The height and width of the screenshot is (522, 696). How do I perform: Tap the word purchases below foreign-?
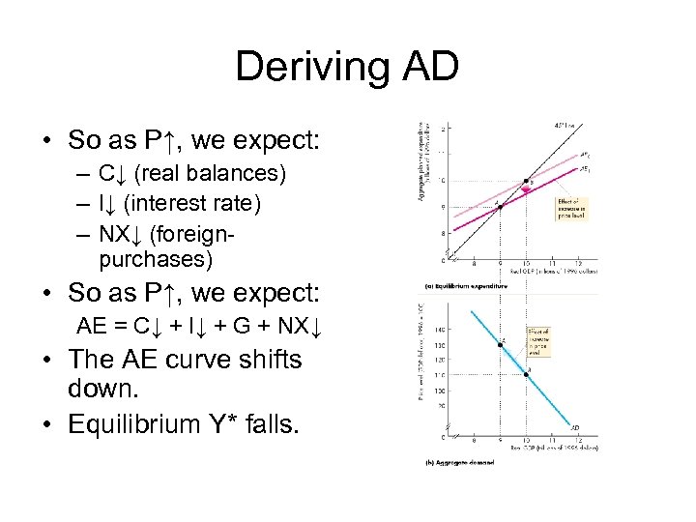pyautogui.click(x=155, y=260)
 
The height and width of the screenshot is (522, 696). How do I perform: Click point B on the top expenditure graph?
pyautogui.click(x=526, y=181)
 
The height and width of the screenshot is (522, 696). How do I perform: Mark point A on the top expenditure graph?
pyautogui.click(x=499, y=206)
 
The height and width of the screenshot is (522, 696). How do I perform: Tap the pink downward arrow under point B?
pyautogui.click(x=526, y=191)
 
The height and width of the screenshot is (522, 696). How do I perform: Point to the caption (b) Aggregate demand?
pyautogui.click(x=459, y=463)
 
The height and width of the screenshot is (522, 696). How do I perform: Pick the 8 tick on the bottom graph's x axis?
pyautogui.click(x=473, y=442)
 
